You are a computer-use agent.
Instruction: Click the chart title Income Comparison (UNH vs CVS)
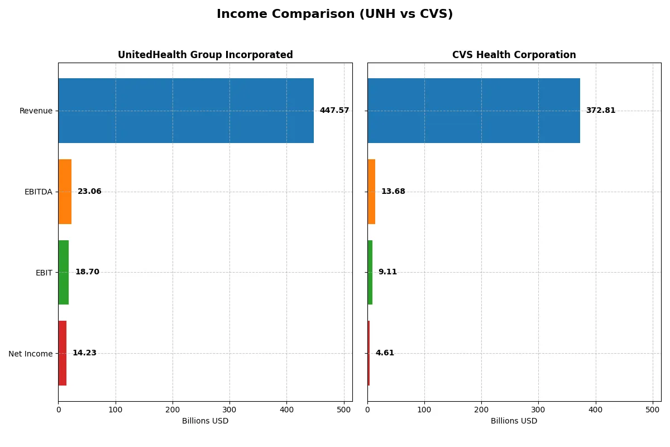[334, 15]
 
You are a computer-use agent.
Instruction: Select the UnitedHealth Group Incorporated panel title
[205, 55]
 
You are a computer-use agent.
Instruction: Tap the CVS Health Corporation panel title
[514, 55]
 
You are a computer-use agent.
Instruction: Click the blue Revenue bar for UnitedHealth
[186, 111]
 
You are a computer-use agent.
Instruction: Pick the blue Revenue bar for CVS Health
[473, 111]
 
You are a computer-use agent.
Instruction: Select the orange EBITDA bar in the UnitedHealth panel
[65, 192]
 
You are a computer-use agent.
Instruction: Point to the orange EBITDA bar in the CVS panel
[371, 192]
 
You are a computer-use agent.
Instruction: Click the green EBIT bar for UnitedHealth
[64, 272]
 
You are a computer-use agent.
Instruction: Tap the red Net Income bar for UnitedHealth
[63, 353]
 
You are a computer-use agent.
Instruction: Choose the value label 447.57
[334, 111]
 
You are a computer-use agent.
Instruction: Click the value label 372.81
[600, 111]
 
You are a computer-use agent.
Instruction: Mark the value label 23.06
[89, 192]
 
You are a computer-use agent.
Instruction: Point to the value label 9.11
[387, 272]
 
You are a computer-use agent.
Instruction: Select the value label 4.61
[385, 353]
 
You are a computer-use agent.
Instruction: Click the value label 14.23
[84, 353]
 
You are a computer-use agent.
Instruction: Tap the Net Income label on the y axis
[30, 354]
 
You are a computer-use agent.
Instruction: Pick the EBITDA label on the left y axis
[38, 192]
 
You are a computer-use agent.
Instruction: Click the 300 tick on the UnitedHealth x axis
[229, 410]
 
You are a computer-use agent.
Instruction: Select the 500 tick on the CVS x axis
[653, 410]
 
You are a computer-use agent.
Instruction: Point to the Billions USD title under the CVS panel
[514, 421]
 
